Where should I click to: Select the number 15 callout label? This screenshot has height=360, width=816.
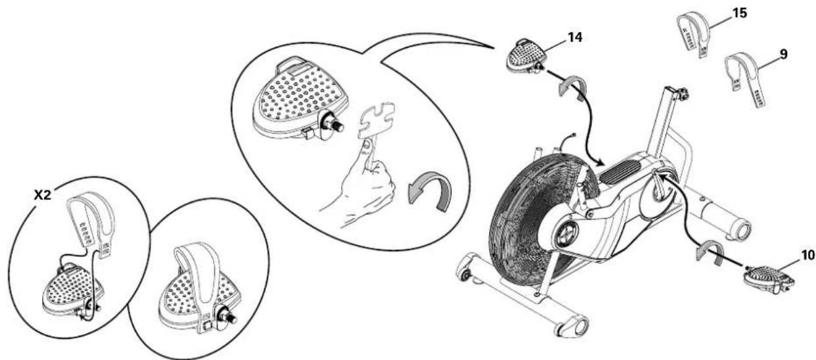tap(740, 12)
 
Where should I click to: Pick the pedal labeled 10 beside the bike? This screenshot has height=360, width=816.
tap(767, 275)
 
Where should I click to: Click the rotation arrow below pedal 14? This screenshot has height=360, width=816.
tap(572, 89)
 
